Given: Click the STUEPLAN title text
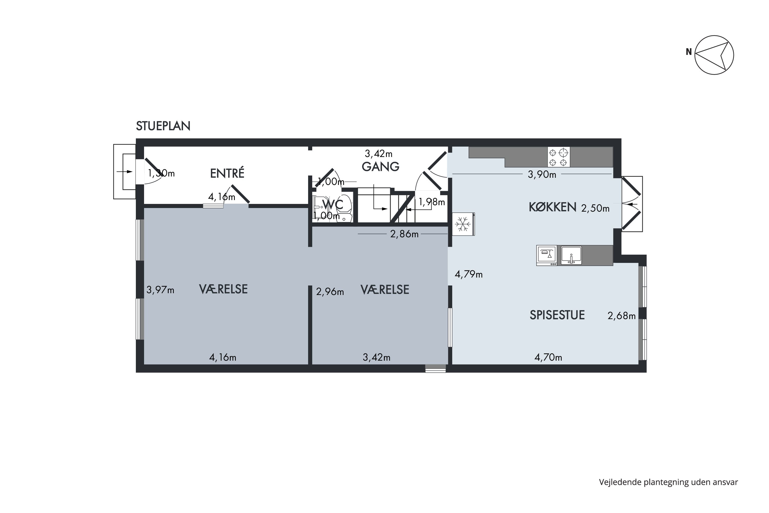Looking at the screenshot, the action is tap(163, 126).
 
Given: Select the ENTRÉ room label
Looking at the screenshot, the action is tap(227, 173).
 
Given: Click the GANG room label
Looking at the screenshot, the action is tap(380, 166).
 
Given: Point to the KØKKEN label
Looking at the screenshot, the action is tap(552, 207).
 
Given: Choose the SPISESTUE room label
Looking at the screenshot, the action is tap(557, 315).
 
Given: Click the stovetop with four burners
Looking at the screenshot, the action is tap(559, 157).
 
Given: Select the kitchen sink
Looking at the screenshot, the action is tap(571, 255).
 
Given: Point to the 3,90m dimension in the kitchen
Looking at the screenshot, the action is tap(542, 174).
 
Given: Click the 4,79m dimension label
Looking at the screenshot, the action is tap(469, 274).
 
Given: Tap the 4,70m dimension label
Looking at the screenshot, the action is tap(548, 357).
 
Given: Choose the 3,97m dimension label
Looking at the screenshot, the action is tap(160, 290).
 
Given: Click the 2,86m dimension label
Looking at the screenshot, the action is tap(404, 234).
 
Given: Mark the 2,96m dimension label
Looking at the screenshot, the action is tap(330, 291).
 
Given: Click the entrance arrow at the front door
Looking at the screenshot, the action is tap(125, 171).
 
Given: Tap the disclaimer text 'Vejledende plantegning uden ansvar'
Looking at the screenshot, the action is tap(668, 482).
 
